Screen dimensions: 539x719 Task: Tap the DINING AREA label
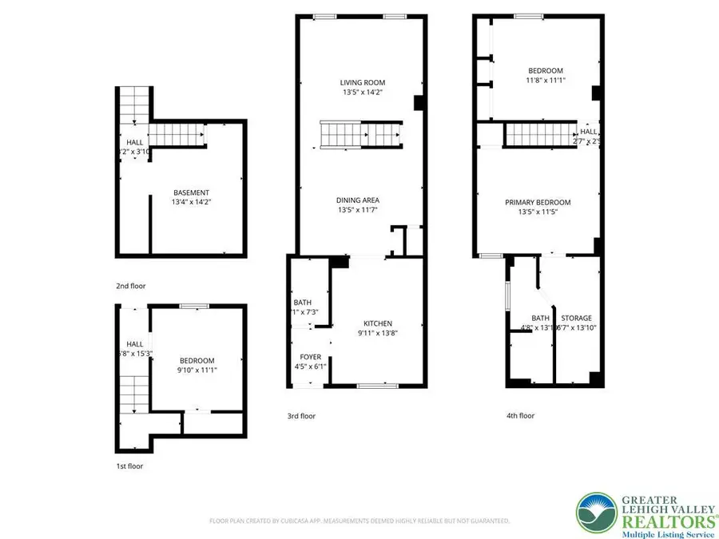[x=359, y=200]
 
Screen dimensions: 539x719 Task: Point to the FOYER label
[x=310, y=357]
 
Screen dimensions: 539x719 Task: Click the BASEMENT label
[x=192, y=192]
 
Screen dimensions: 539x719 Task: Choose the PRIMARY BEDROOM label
[x=538, y=203]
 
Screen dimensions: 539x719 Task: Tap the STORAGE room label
[x=576, y=318]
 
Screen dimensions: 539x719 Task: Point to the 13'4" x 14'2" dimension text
[x=192, y=203]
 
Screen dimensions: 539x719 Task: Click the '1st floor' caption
[x=129, y=466]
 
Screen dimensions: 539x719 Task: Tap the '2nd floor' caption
[x=131, y=285]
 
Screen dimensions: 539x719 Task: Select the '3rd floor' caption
[x=301, y=415]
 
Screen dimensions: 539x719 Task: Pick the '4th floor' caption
[x=520, y=415]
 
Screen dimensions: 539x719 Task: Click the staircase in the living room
[x=360, y=135]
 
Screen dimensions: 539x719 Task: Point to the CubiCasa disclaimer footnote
[x=359, y=521]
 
